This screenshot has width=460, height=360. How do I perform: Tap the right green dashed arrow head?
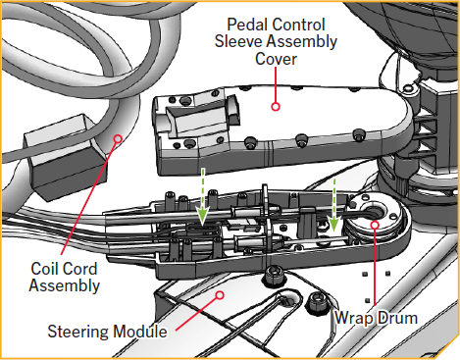click(x=334, y=228)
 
